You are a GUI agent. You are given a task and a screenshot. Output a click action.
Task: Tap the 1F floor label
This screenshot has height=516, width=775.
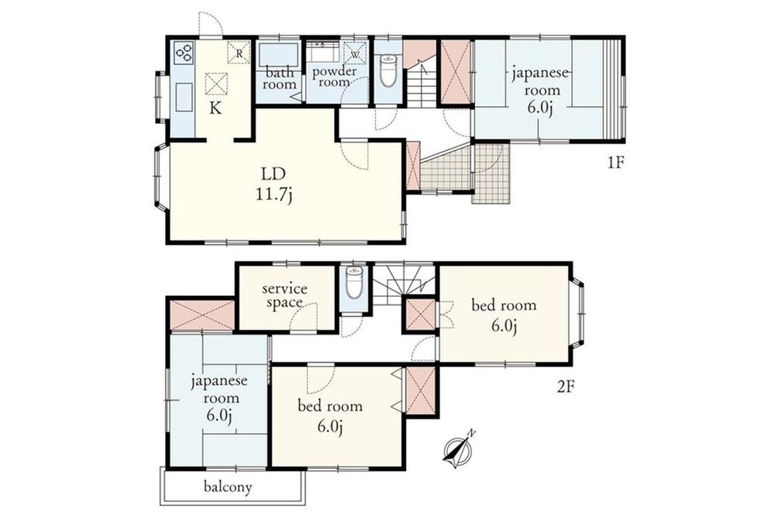point(616,163)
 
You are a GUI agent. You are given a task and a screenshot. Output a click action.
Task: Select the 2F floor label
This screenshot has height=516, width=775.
point(566,387)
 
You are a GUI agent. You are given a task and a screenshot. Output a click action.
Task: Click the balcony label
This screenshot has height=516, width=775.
point(228,487)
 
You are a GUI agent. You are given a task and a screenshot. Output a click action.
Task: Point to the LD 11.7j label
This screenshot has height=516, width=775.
point(274,184)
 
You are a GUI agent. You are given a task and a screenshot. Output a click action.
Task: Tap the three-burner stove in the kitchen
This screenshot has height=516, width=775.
point(184,53)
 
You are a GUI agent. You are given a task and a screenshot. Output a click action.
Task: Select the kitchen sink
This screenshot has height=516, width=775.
point(184,98)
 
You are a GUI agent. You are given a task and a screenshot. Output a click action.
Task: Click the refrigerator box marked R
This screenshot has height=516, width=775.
point(239,52)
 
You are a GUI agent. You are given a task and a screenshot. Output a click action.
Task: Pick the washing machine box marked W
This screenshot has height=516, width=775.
point(355,53)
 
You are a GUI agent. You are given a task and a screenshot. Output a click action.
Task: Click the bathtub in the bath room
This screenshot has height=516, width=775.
point(279,54)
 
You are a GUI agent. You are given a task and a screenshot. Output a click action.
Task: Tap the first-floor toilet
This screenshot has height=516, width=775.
point(388,71)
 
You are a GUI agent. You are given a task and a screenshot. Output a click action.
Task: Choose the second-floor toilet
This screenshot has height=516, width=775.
point(353,283)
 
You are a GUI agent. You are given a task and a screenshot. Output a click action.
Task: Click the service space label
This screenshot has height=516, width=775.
point(284,295)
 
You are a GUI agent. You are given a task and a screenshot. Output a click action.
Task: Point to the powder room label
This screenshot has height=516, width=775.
point(334,77)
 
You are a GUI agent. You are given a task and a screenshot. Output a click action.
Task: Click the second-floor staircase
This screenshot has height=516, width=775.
point(403,286)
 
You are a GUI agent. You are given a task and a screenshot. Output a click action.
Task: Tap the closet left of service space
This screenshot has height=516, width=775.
point(201,315)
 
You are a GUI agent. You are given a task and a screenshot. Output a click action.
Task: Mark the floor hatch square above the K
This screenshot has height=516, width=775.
point(216,84)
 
